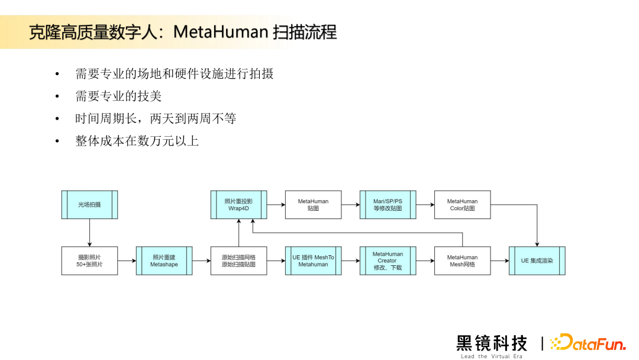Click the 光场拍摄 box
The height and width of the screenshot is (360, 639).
(89, 204)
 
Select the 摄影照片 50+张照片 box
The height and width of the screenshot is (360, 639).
(89, 261)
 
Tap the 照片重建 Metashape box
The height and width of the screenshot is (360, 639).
(164, 261)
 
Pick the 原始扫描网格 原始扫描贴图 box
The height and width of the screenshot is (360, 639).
(238, 261)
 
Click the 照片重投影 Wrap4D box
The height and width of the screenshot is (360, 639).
(238, 204)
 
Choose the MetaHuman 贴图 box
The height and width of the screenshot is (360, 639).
(313, 204)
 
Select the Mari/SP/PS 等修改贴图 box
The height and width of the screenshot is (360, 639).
(388, 204)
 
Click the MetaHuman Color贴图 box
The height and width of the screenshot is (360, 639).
(462, 204)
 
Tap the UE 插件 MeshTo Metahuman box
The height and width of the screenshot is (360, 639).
(313, 261)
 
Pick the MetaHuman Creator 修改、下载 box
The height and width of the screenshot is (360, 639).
(388, 261)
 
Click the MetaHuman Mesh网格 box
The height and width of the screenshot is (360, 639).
(462, 261)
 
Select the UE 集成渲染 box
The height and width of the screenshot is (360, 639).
(537, 261)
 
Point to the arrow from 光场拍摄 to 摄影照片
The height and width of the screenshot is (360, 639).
(89, 232)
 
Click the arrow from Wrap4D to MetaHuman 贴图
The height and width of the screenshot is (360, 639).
(276, 204)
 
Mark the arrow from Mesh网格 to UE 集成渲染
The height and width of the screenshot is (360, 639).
(499, 261)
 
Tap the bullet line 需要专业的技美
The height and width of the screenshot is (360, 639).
(118, 96)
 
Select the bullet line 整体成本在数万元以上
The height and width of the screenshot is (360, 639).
(137, 141)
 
